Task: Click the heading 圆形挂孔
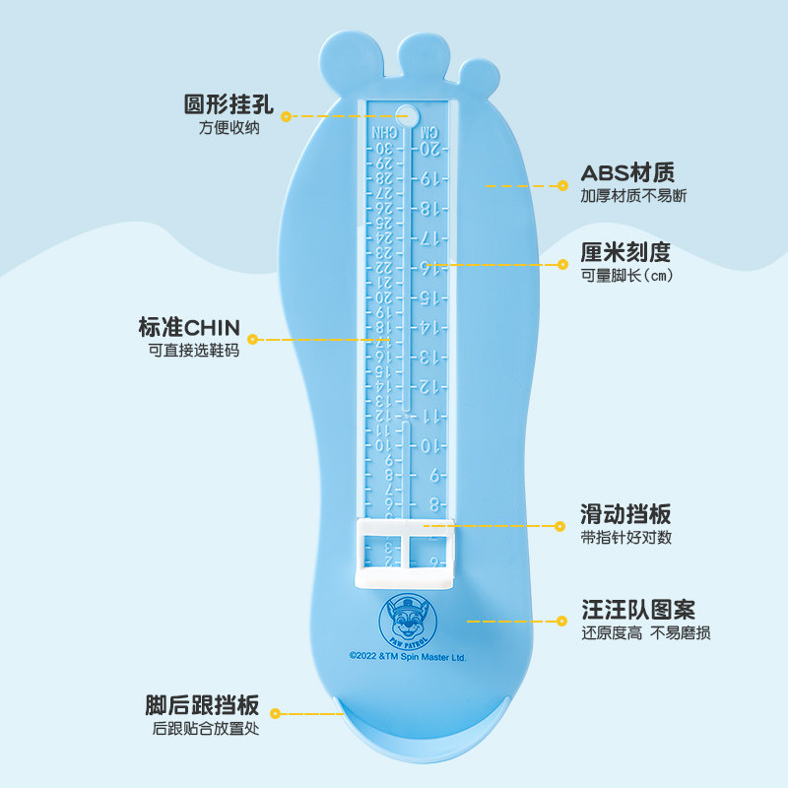(x=229, y=104)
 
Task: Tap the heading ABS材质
(x=627, y=174)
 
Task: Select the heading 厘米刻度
(x=625, y=253)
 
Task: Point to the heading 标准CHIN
(x=189, y=327)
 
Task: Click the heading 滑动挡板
(x=625, y=514)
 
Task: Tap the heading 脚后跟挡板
(x=202, y=705)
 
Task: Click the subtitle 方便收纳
(x=229, y=128)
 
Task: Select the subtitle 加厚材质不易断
(x=633, y=196)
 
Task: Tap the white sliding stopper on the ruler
(x=405, y=555)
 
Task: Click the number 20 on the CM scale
(x=430, y=149)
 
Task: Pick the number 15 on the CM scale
(x=430, y=296)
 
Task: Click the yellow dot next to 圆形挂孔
(x=286, y=116)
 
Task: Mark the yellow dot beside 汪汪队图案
(x=561, y=621)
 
